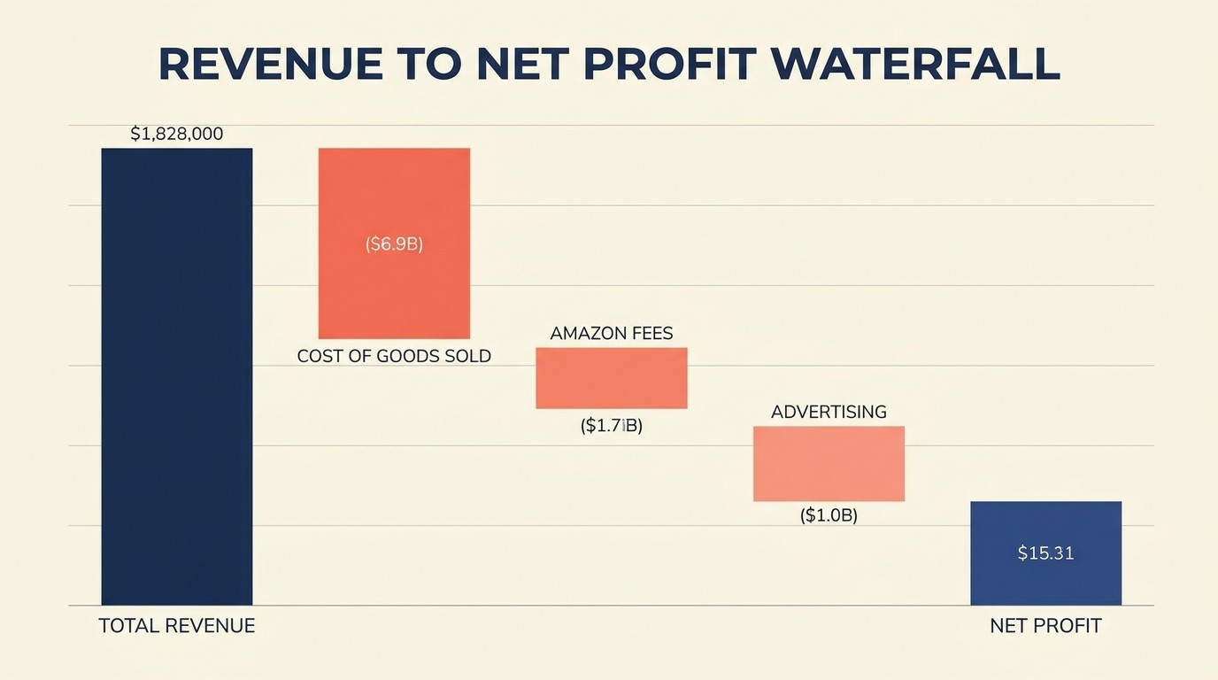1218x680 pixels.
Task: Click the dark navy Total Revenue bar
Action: pos(177,376)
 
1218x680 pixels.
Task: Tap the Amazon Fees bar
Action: pos(612,378)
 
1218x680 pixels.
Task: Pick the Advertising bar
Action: pos(829,464)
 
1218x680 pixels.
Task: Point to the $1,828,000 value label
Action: pos(176,135)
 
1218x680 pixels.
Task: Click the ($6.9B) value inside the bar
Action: pos(394,244)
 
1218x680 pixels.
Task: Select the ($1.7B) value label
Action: pos(612,426)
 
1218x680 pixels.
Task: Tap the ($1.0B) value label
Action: pos(829,515)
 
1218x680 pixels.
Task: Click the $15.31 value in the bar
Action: pos(1045,553)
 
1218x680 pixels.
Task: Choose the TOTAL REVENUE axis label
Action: pos(177,626)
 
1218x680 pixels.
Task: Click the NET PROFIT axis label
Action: pos(1045,626)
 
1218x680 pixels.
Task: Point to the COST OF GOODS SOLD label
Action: pos(394,356)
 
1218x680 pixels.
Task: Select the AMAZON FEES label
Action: pos(612,334)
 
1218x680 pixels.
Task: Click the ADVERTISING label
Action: pos(829,412)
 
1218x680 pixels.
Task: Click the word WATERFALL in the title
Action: pos(915,64)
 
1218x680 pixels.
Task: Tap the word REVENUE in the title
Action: pos(271,64)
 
